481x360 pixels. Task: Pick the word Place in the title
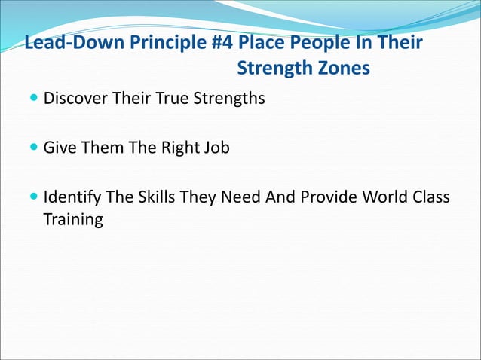(x=262, y=42)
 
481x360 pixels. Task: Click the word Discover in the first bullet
(x=74, y=99)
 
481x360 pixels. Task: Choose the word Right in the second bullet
(x=182, y=148)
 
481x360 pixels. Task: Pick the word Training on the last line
(x=73, y=221)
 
